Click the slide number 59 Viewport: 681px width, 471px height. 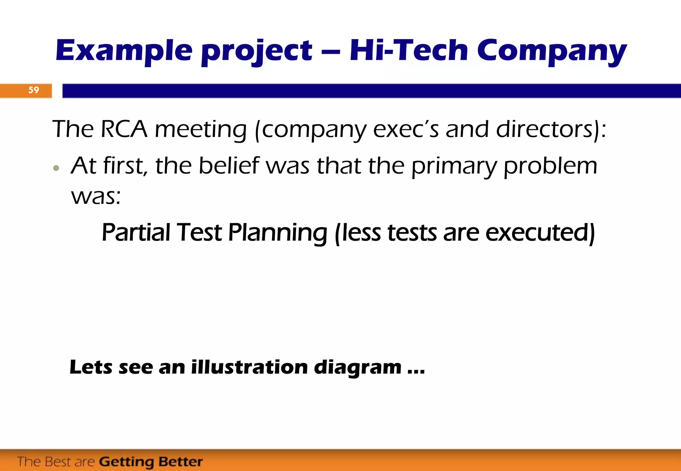(34, 90)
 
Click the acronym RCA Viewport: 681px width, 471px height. (124, 129)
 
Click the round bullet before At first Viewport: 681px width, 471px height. (56, 168)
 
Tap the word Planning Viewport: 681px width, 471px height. (278, 233)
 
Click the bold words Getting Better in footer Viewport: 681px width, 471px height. (151, 462)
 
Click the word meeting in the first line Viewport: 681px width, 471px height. (201, 130)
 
